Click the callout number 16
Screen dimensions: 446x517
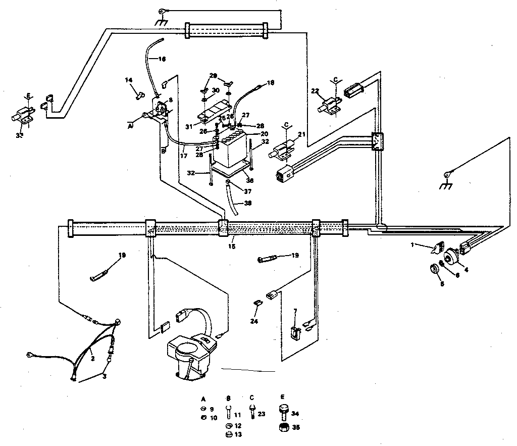(x=162, y=59)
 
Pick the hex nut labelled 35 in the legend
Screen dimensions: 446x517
(x=284, y=427)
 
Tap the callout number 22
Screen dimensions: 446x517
(x=315, y=91)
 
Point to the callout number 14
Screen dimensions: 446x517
(x=129, y=80)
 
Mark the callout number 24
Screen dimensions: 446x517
(x=254, y=320)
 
